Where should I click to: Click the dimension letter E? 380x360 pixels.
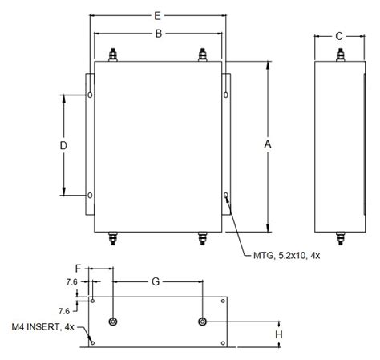[158, 16]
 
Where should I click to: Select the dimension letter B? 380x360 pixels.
[159, 34]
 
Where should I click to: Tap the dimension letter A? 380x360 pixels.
[268, 144]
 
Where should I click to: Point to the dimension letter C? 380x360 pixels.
[339, 36]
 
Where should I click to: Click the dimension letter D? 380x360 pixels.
[63, 146]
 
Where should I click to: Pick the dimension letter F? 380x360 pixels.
[78, 269]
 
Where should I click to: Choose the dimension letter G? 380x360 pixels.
[156, 281]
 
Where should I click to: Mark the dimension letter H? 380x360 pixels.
[279, 334]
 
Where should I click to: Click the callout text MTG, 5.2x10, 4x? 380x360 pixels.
[286, 256]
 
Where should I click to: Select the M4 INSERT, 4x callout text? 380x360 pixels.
[43, 327]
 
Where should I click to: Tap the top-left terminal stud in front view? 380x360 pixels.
[113, 55]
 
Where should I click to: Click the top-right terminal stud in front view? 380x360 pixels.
[203, 55]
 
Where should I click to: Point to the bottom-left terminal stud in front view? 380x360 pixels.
[113, 238]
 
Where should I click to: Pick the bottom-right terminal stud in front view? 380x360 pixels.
[203, 238]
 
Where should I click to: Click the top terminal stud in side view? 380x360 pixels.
[340, 55]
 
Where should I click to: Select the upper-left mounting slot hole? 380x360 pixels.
[91, 95]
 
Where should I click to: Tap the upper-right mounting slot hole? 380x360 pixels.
[226, 95]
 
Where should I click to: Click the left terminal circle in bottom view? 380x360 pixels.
[113, 322]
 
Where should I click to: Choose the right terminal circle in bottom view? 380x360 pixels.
[203, 322]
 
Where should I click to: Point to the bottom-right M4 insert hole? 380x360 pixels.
[223, 343]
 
